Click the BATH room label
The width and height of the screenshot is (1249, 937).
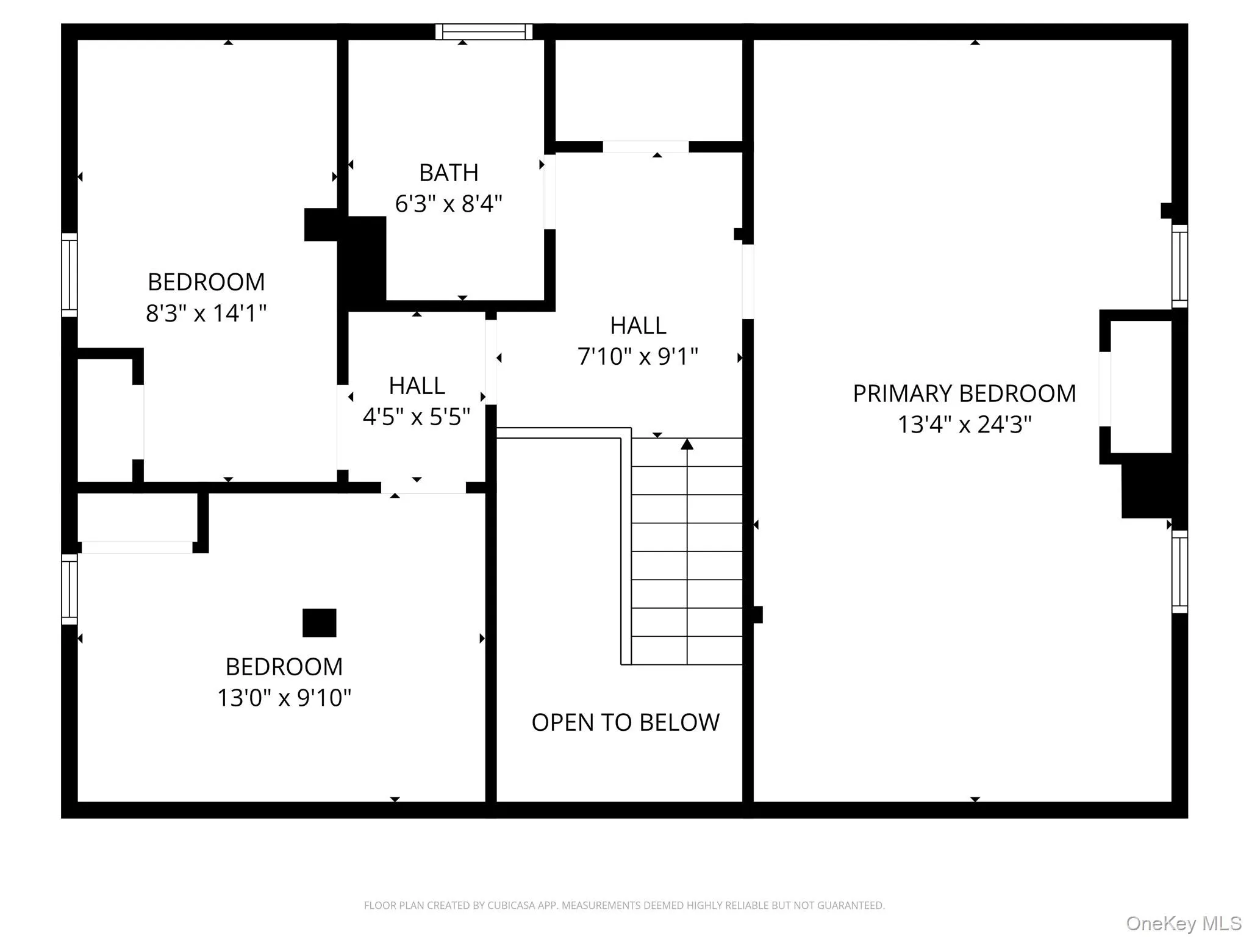(448, 173)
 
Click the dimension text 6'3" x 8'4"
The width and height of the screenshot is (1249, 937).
(448, 204)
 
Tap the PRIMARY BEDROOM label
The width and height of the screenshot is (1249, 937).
(964, 393)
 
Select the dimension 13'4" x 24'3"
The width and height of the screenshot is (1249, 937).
(964, 425)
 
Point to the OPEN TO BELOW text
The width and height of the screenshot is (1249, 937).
(625, 722)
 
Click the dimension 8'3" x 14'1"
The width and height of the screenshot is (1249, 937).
(206, 314)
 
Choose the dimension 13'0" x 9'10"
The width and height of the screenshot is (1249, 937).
(284, 697)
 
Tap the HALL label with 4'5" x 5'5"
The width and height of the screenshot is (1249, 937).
(417, 386)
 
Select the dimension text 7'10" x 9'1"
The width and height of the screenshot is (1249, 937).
(637, 356)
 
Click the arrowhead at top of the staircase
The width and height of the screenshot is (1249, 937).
(687, 444)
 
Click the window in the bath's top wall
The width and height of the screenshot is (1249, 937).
(484, 31)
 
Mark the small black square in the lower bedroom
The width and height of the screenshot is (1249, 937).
(319, 622)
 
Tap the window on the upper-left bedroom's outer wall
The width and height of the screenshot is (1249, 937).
(69, 275)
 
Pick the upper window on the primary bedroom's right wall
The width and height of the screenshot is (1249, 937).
(1179, 266)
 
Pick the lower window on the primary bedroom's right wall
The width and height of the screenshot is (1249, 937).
(1179, 572)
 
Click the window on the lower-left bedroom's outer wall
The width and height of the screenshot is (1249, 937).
(69, 589)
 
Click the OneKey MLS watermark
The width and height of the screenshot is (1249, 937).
(1183, 924)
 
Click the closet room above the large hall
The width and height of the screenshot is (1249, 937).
(648, 90)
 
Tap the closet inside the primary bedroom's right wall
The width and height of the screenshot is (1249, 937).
(1140, 387)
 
